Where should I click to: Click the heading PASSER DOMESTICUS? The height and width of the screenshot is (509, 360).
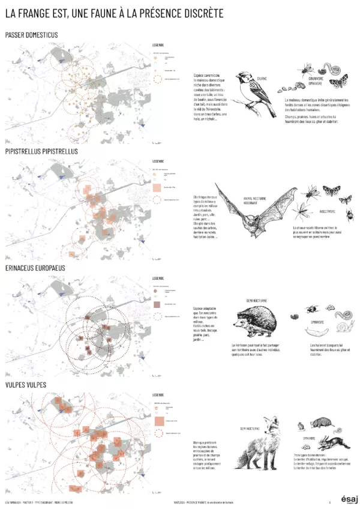click(31, 35)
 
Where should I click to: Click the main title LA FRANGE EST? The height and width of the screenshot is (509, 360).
click(114, 13)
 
